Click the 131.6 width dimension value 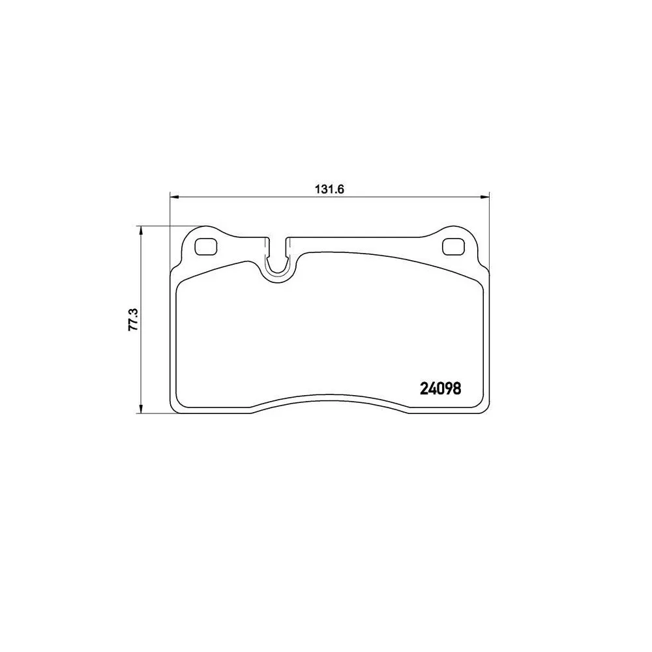point(330,189)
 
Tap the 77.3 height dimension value point(132,320)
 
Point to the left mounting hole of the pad point(207,247)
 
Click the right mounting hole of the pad point(451,247)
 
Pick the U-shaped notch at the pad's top point(277,261)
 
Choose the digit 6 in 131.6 point(340,189)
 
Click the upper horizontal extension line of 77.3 point(163,226)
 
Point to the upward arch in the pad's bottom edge point(329,396)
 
